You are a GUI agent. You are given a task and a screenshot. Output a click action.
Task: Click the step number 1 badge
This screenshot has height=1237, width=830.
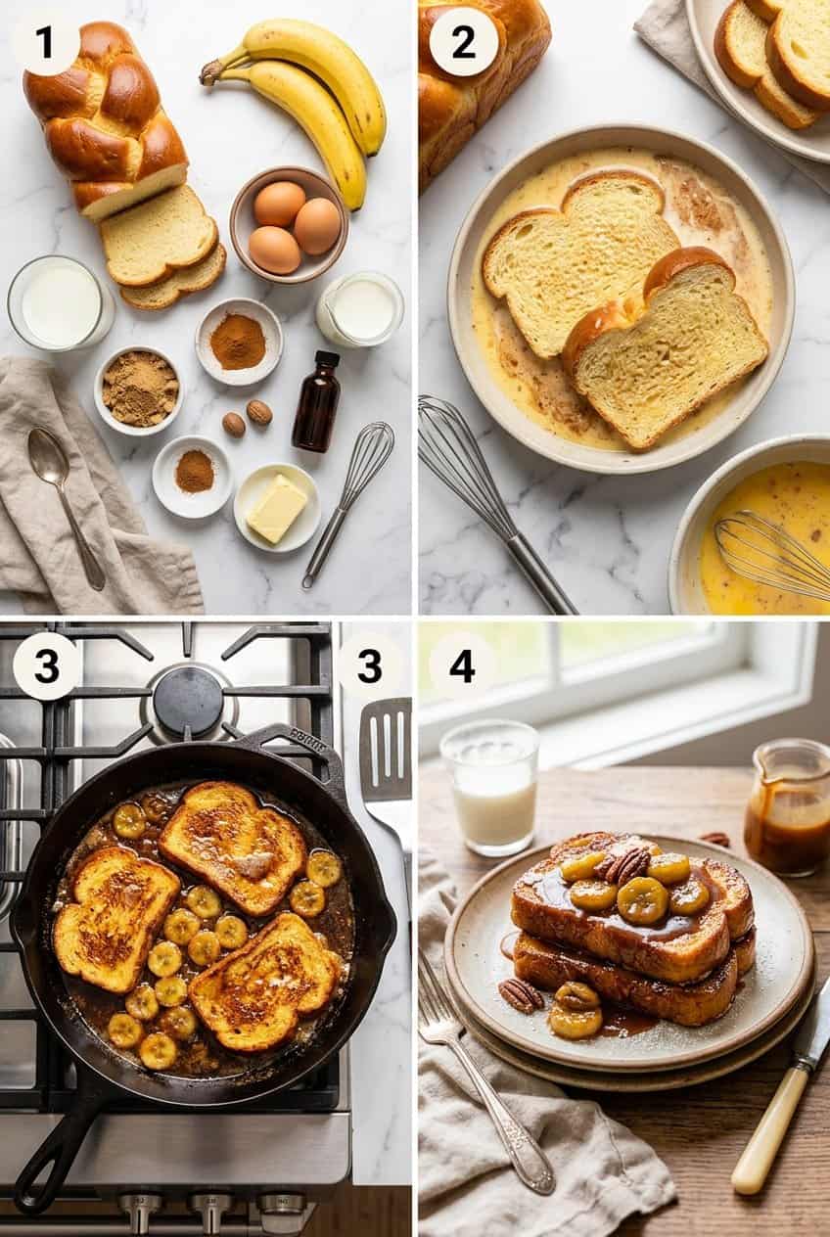45,42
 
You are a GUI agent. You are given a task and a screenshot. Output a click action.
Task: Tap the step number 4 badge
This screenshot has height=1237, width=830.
462,665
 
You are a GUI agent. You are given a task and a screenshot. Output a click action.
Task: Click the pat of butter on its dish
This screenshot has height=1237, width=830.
276,507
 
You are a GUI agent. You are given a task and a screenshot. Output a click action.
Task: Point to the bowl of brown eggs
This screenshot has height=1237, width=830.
289,226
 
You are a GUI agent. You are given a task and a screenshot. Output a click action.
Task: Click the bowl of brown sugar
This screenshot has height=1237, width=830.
139,389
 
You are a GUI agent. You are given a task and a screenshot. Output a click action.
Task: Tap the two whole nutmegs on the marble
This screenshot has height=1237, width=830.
247,418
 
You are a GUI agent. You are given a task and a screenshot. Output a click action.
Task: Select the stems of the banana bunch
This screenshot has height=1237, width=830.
213,70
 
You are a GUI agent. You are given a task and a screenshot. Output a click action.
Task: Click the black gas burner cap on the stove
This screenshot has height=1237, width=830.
189,702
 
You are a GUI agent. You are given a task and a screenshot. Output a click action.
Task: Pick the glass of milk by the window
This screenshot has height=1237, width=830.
490,787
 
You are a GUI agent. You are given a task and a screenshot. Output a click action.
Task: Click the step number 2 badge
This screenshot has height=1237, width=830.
463,41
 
